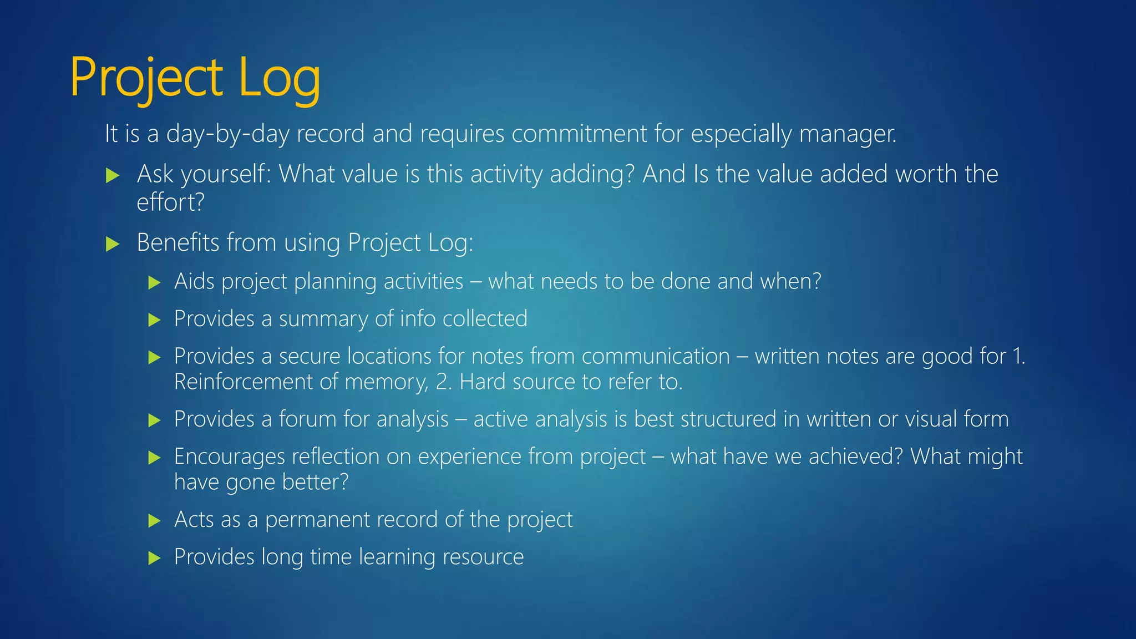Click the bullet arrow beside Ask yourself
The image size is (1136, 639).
113,176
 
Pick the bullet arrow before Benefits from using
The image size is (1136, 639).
113,244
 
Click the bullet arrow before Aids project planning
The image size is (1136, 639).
154,283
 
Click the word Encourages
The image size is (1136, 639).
230,457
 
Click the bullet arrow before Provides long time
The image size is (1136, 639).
154,558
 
